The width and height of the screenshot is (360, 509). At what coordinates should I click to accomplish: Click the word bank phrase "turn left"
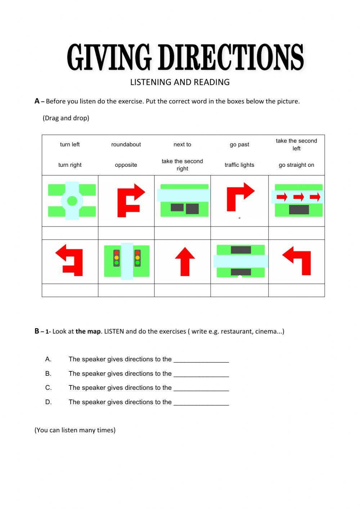coord(70,144)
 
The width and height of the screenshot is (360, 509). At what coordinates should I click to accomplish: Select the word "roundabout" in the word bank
coord(126,144)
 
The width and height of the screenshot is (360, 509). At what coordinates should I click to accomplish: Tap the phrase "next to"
coord(182,144)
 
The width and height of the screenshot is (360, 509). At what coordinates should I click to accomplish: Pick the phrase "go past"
coord(239,144)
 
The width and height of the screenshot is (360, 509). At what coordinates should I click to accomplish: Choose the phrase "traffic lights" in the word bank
coord(239,165)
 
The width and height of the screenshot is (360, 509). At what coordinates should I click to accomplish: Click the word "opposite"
coord(126,165)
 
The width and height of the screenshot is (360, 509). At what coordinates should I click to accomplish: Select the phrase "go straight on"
coord(296,165)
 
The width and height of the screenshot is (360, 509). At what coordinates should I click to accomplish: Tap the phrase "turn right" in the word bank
coord(70,165)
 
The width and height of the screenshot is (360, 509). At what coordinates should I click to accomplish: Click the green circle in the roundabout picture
coord(72,201)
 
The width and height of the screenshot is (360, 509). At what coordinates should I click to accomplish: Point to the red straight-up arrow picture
coord(185,262)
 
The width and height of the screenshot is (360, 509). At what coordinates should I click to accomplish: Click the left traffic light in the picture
coord(116,258)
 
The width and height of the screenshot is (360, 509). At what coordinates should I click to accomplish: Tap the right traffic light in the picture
coord(138,258)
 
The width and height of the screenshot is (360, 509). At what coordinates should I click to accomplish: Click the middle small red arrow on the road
coord(298,197)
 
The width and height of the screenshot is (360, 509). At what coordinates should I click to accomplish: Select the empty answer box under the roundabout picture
coord(70,233)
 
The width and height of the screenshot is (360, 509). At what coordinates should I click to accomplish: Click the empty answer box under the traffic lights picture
coord(126,290)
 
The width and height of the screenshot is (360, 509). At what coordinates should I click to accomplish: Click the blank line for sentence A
coord(201,360)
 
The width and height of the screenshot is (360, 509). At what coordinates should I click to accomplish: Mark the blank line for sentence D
coord(201,402)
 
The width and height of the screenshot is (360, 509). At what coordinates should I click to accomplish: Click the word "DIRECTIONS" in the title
coord(231,57)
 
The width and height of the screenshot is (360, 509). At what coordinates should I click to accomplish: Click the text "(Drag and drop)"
coord(66,118)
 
